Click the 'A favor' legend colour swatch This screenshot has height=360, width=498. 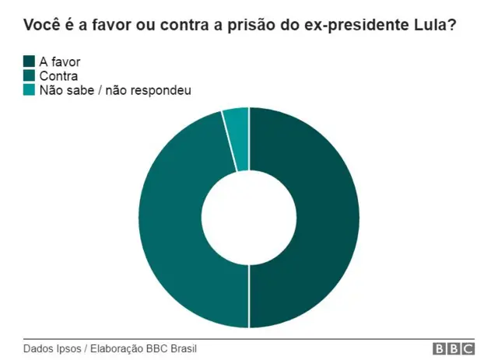[x=30, y=61]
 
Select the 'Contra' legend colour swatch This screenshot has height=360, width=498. [x=30, y=75]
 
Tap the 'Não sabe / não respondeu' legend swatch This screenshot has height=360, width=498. [x=30, y=90]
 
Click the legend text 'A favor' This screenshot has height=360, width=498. [x=60, y=61]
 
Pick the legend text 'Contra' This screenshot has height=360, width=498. [x=58, y=75]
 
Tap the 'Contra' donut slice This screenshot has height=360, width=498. [x=171, y=225]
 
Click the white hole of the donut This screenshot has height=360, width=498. [x=249, y=218]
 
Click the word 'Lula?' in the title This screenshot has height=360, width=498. [x=438, y=25]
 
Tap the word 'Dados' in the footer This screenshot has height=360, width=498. [x=37, y=349]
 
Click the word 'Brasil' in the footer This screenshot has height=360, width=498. [x=183, y=349]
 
